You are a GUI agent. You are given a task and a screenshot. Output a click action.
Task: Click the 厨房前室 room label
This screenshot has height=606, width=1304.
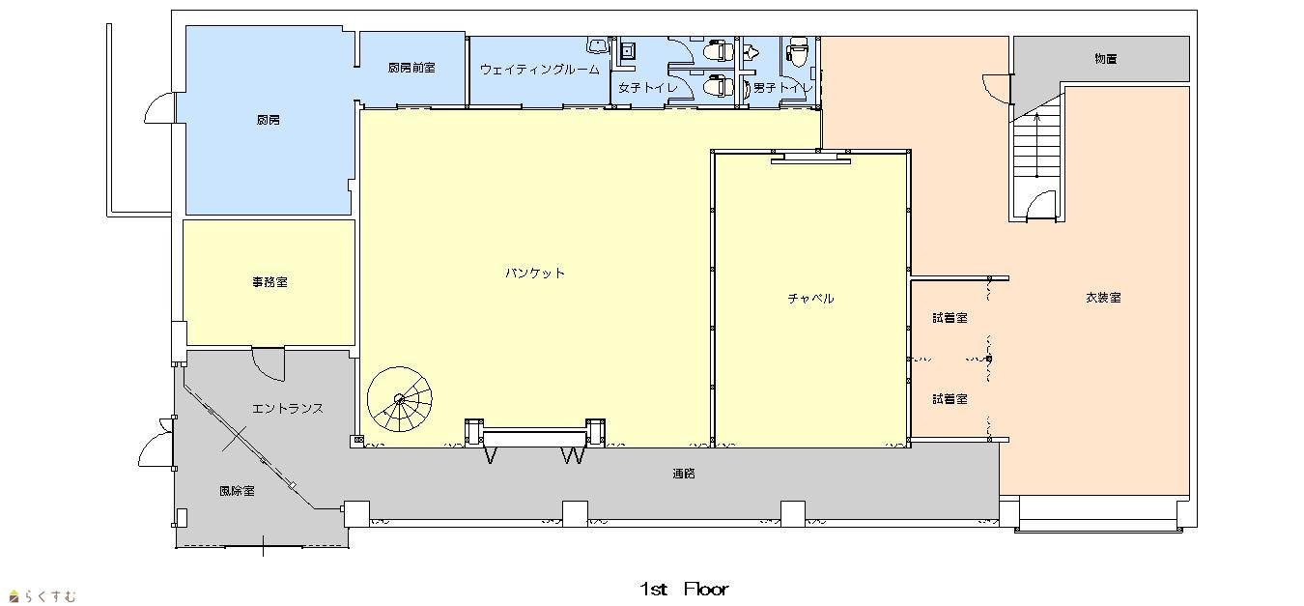(x=411, y=68)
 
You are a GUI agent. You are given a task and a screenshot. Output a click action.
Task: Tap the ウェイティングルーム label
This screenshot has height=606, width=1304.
(x=539, y=70)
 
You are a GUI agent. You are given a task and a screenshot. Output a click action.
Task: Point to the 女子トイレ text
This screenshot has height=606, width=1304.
(x=648, y=88)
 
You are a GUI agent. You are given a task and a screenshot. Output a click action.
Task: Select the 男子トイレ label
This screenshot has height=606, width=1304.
(x=781, y=88)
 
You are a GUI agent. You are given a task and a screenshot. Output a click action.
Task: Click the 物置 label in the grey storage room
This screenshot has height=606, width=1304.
(x=1105, y=58)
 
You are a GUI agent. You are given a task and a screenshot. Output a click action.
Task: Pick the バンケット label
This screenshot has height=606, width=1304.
(x=535, y=273)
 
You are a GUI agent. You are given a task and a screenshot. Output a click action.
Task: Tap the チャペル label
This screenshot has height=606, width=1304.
(x=811, y=299)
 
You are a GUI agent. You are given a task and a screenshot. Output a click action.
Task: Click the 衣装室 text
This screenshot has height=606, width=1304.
(x=1103, y=298)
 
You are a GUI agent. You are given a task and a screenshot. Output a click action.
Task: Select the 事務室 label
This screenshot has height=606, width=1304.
(x=269, y=282)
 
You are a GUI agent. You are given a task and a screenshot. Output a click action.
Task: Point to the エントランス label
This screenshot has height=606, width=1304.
(x=288, y=409)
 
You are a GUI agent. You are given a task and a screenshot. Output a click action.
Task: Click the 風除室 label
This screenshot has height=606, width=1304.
(x=237, y=491)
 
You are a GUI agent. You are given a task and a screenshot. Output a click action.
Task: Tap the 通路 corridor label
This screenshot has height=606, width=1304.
(x=684, y=474)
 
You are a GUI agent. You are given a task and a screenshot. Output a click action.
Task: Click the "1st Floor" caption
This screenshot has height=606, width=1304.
(x=684, y=590)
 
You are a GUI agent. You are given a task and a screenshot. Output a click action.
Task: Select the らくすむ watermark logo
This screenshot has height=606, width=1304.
(x=43, y=596)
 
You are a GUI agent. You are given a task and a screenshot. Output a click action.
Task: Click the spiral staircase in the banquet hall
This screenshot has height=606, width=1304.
(x=400, y=399)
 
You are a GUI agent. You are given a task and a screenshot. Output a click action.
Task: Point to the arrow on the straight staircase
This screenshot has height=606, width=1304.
(x=1036, y=145)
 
